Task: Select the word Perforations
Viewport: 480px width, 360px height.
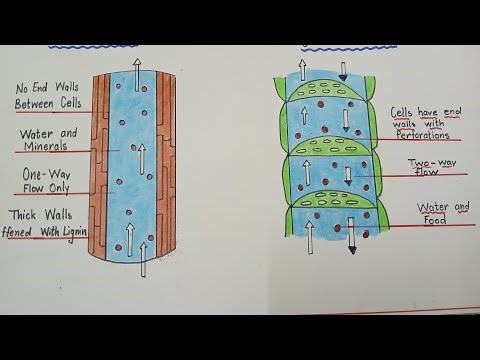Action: (x=424, y=134)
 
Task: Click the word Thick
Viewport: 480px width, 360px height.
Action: (x=27, y=215)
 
